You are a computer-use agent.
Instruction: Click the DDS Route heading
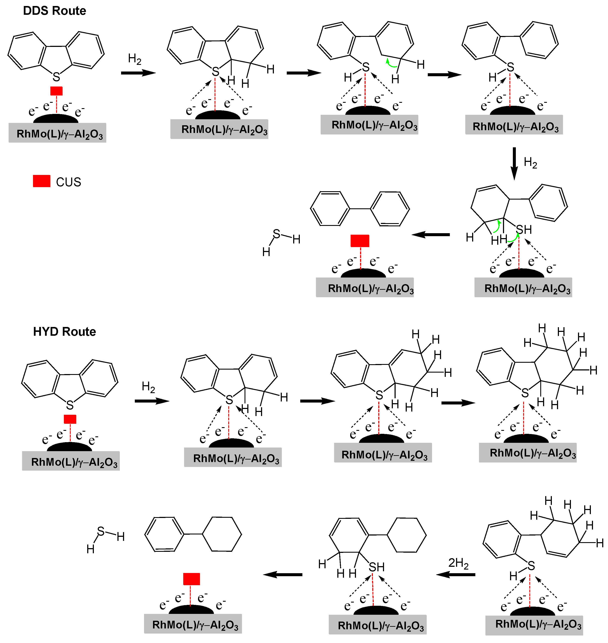click(x=54, y=11)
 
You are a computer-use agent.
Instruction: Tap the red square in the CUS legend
click(x=42, y=181)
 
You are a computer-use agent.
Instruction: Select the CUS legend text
click(x=68, y=182)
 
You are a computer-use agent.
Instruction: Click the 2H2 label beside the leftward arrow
click(x=458, y=563)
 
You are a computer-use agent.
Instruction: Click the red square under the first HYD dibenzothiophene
click(x=70, y=419)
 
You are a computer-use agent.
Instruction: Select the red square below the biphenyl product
click(x=360, y=241)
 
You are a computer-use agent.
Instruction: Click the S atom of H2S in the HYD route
click(x=101, y=531)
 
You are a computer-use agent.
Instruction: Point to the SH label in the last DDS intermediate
click(x=524, y=230)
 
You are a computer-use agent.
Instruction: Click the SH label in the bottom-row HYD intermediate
click(x=377, y=567)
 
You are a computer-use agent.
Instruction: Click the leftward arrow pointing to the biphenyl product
click(x=431, y=234)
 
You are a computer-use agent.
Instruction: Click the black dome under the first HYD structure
click(x=69, y=447)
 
